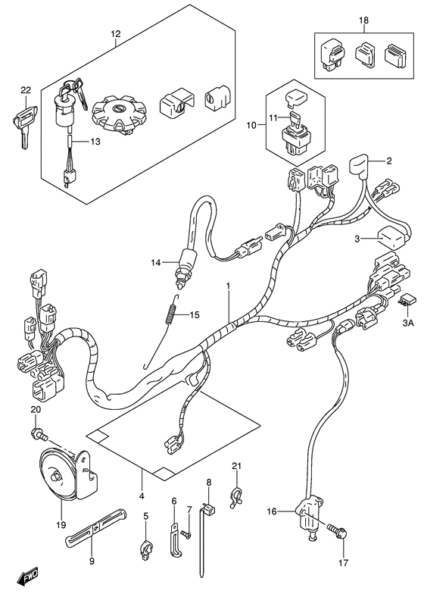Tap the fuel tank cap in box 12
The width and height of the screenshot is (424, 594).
[117, 116]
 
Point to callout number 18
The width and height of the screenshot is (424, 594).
[363, 20]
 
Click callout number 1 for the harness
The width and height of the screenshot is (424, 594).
[227, 286]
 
